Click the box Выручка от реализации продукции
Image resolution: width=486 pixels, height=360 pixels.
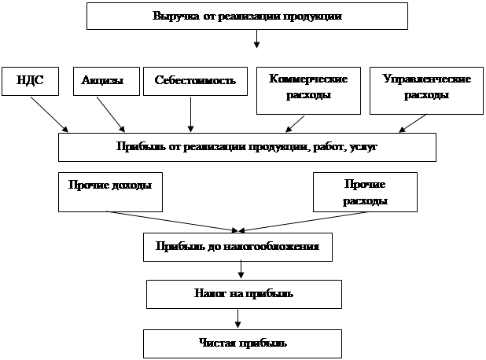(x=247, y=16)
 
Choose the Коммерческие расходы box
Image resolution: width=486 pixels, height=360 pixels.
(x=308, y=87)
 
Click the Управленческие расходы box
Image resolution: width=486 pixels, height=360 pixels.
(x=425, y=87)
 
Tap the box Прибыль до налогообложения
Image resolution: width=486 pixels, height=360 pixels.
(x=237, y=248)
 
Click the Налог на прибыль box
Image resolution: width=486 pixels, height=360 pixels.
(x=244, y=294)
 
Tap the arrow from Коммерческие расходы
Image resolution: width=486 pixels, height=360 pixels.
(x=294, y=123)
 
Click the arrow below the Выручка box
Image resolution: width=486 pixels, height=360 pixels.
(x=256, y=42)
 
